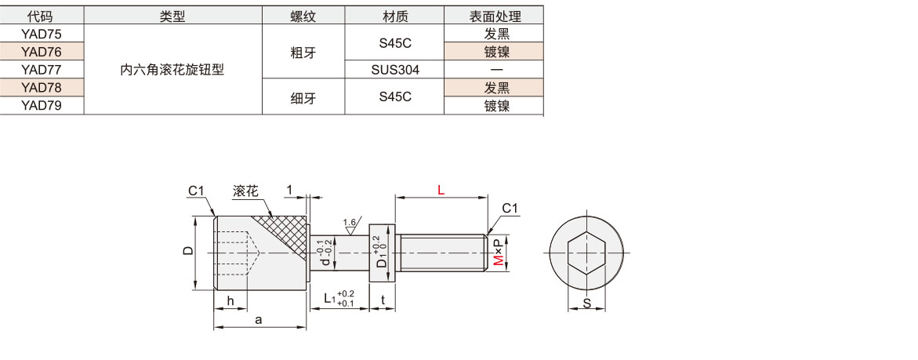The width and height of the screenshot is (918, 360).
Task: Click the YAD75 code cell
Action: pos(41,33)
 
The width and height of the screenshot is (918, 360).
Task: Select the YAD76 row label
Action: pos(41,51)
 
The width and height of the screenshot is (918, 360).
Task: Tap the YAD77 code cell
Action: pos(41,69)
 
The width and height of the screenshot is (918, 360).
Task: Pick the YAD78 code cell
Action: pos(41,87)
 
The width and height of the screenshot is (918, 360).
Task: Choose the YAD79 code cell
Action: pos(41,105)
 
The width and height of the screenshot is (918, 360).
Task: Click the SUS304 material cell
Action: pos(395,69)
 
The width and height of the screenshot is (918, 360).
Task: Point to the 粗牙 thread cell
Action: pos(303,51)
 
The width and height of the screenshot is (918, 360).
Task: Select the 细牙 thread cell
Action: pos(303,96)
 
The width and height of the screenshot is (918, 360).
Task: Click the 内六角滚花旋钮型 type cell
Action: pos(172,69)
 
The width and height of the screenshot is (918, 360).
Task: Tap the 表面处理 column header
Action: pos(495,16)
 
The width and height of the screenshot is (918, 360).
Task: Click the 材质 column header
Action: pos(395,16)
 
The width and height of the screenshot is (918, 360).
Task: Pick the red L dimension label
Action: pos(441,190)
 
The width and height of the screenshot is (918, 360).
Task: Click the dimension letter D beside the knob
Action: pos(187,252)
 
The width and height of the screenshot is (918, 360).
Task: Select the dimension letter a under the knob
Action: pos(258,319)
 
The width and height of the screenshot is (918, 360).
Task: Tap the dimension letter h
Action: pos(230,301)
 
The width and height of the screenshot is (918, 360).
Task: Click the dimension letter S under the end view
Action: pos(586,304)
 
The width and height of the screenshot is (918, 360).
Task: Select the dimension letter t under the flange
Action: pos(383,299)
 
